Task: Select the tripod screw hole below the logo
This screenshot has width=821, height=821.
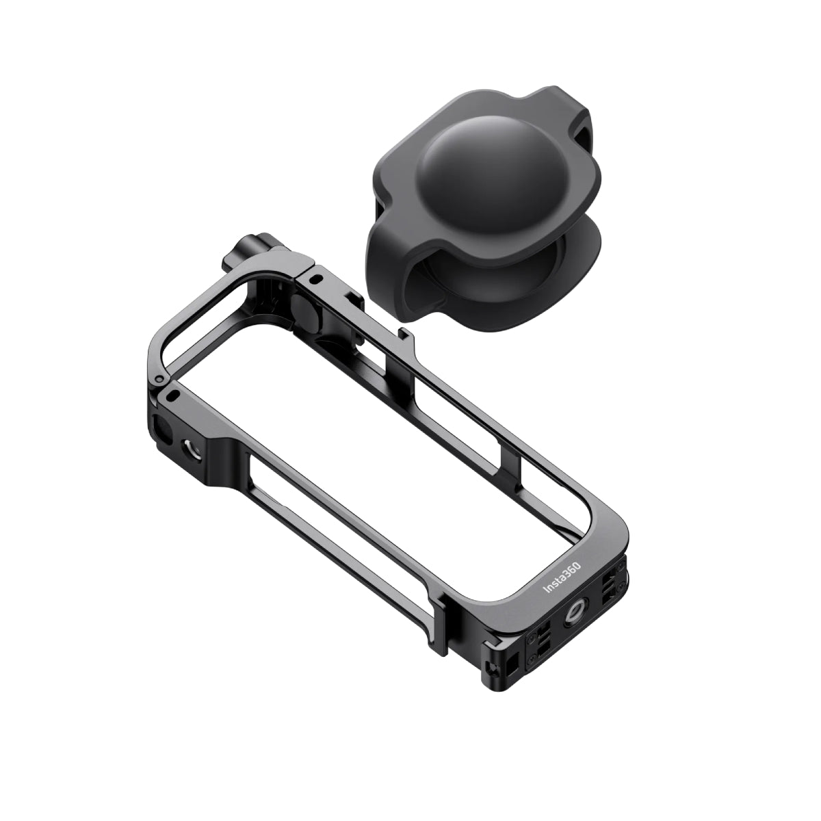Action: (x=573, y=600)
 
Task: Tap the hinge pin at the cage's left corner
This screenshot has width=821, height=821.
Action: (x=159, y=378)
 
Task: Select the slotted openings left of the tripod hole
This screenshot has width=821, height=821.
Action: (x=536, y=625)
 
